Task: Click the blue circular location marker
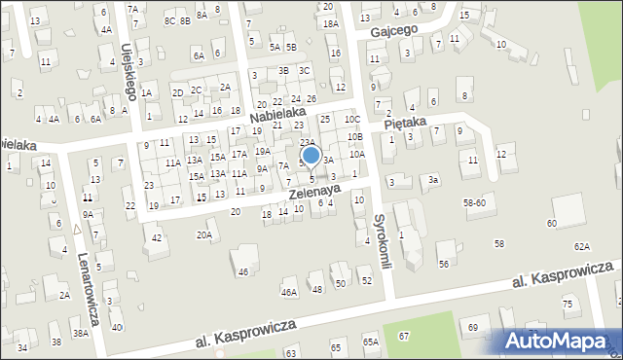tap(311, 155)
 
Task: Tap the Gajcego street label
tap(393, 30)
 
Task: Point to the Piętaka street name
tap(406, 125)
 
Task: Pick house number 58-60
tap(474, 202)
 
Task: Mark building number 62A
tap(581, 247)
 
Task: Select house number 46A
tap(288, 292)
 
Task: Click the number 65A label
tap(370, 342)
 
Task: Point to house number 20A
tap(203, 234)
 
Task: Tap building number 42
tap(156, 237)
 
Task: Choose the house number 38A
tap(81, 333)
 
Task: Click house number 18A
tap(330, 23)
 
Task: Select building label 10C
tap(352, 120)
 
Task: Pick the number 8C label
tap(170, 20)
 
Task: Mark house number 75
tap(568, 305)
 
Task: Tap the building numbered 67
tap(403, 336)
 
